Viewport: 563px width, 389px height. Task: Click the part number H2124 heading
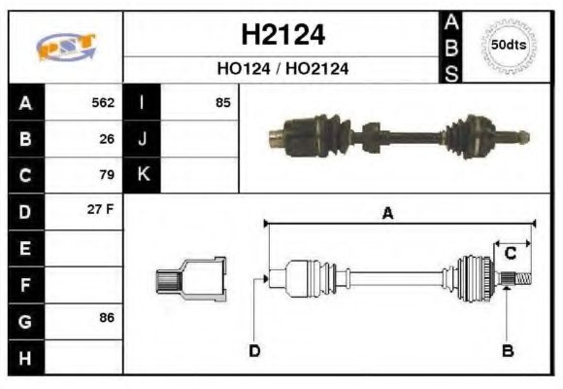(x=282, y=36)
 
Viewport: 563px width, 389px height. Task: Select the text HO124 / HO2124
(x=282, y=70)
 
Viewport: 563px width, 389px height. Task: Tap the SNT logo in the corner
(x=66, y=47)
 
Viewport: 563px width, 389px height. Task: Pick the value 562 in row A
(x=103, y=102)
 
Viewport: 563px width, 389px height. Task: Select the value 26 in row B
(x=107, y=138)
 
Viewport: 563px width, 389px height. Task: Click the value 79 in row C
(x=107, y=175)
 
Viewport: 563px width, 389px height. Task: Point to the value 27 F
(x=102, y=210)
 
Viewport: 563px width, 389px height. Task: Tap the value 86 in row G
(x=107, y=317)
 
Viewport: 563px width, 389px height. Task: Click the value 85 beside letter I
(x=222, y=101)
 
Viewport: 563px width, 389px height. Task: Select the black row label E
(x=26, y=248)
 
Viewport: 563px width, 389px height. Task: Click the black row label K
(x=144, y=175)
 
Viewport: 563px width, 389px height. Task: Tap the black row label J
(x=144, y=138)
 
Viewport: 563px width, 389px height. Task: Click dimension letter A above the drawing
(x=387, y=214)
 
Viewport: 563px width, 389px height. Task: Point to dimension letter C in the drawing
(x=510, y=253)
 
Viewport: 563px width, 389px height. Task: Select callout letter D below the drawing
(x=254, y=350)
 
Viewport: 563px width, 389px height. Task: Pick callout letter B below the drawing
(x=507, y=350)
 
